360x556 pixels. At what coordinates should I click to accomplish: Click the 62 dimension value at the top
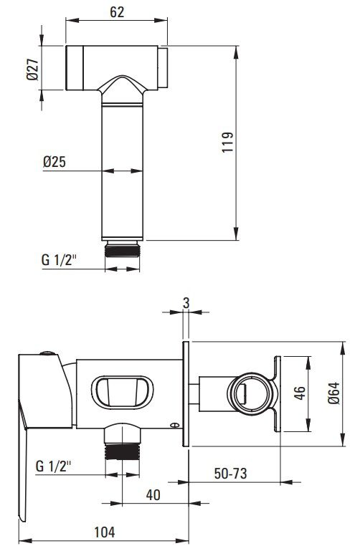point(117,11)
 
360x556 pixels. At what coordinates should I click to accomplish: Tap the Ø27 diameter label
point(33,69)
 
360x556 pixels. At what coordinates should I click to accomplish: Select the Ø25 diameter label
point(55,162)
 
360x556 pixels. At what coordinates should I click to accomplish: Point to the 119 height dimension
point(227,142)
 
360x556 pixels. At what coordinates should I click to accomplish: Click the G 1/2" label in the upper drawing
point(59,259)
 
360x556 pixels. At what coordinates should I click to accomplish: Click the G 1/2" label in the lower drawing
point(53,466)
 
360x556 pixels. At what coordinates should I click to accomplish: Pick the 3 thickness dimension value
point(186,303)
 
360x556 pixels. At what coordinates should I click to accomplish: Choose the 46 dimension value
point(300,393)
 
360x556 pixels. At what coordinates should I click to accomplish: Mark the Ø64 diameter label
point(334,393)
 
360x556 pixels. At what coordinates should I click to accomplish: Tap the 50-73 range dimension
point(230,474)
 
